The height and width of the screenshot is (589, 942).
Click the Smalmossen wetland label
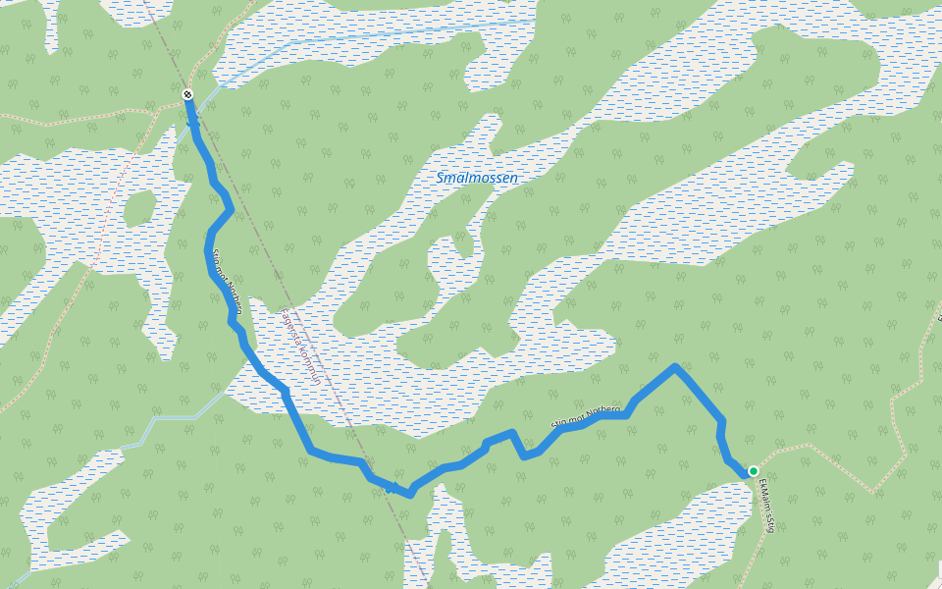tap(477, 179)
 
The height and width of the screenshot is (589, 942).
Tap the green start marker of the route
tap(754, 471)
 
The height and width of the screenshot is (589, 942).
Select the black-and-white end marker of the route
tap(187, 94)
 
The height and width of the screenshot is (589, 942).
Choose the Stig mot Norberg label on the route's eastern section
tap(586, 416)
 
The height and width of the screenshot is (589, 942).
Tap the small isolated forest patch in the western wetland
tap(139, 208)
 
